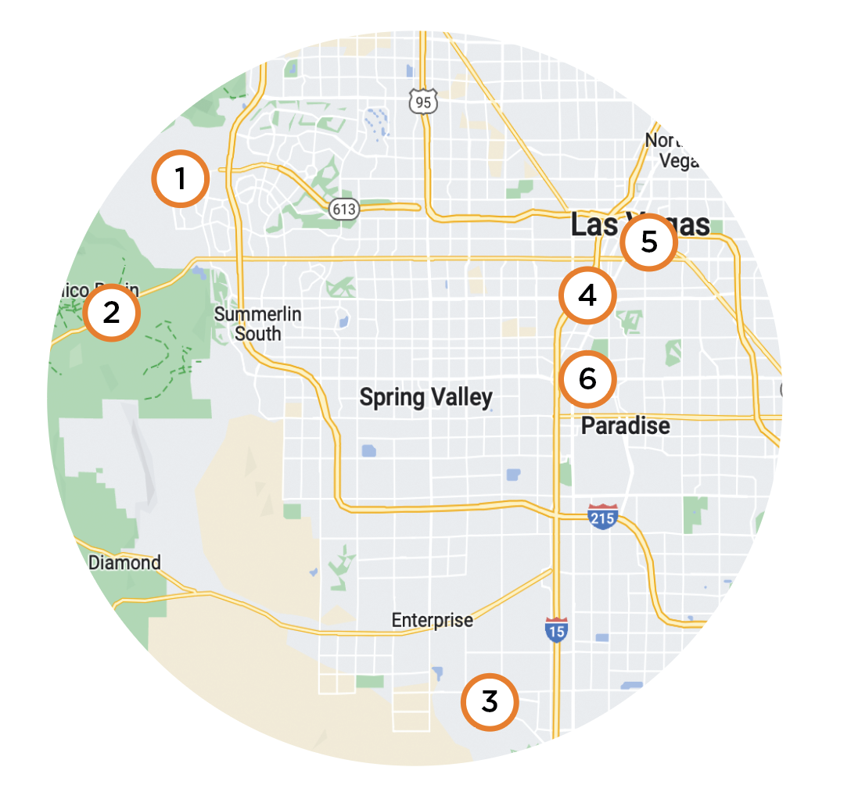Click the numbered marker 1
point(181,179)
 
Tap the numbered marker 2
point(112,313)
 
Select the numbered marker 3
point(490,702)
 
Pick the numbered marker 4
point(588,296)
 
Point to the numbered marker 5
point(649,242)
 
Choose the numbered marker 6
point(588,378)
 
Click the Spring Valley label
point(425,397)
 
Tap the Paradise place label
point(626,426)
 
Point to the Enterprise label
point(433,620)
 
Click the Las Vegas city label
point(640,225)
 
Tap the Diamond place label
point(124,562)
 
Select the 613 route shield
point(343,209)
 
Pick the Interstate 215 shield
point(602,517)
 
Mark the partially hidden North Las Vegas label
point(668,150)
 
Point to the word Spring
point(392,397)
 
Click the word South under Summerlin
point(258,334)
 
